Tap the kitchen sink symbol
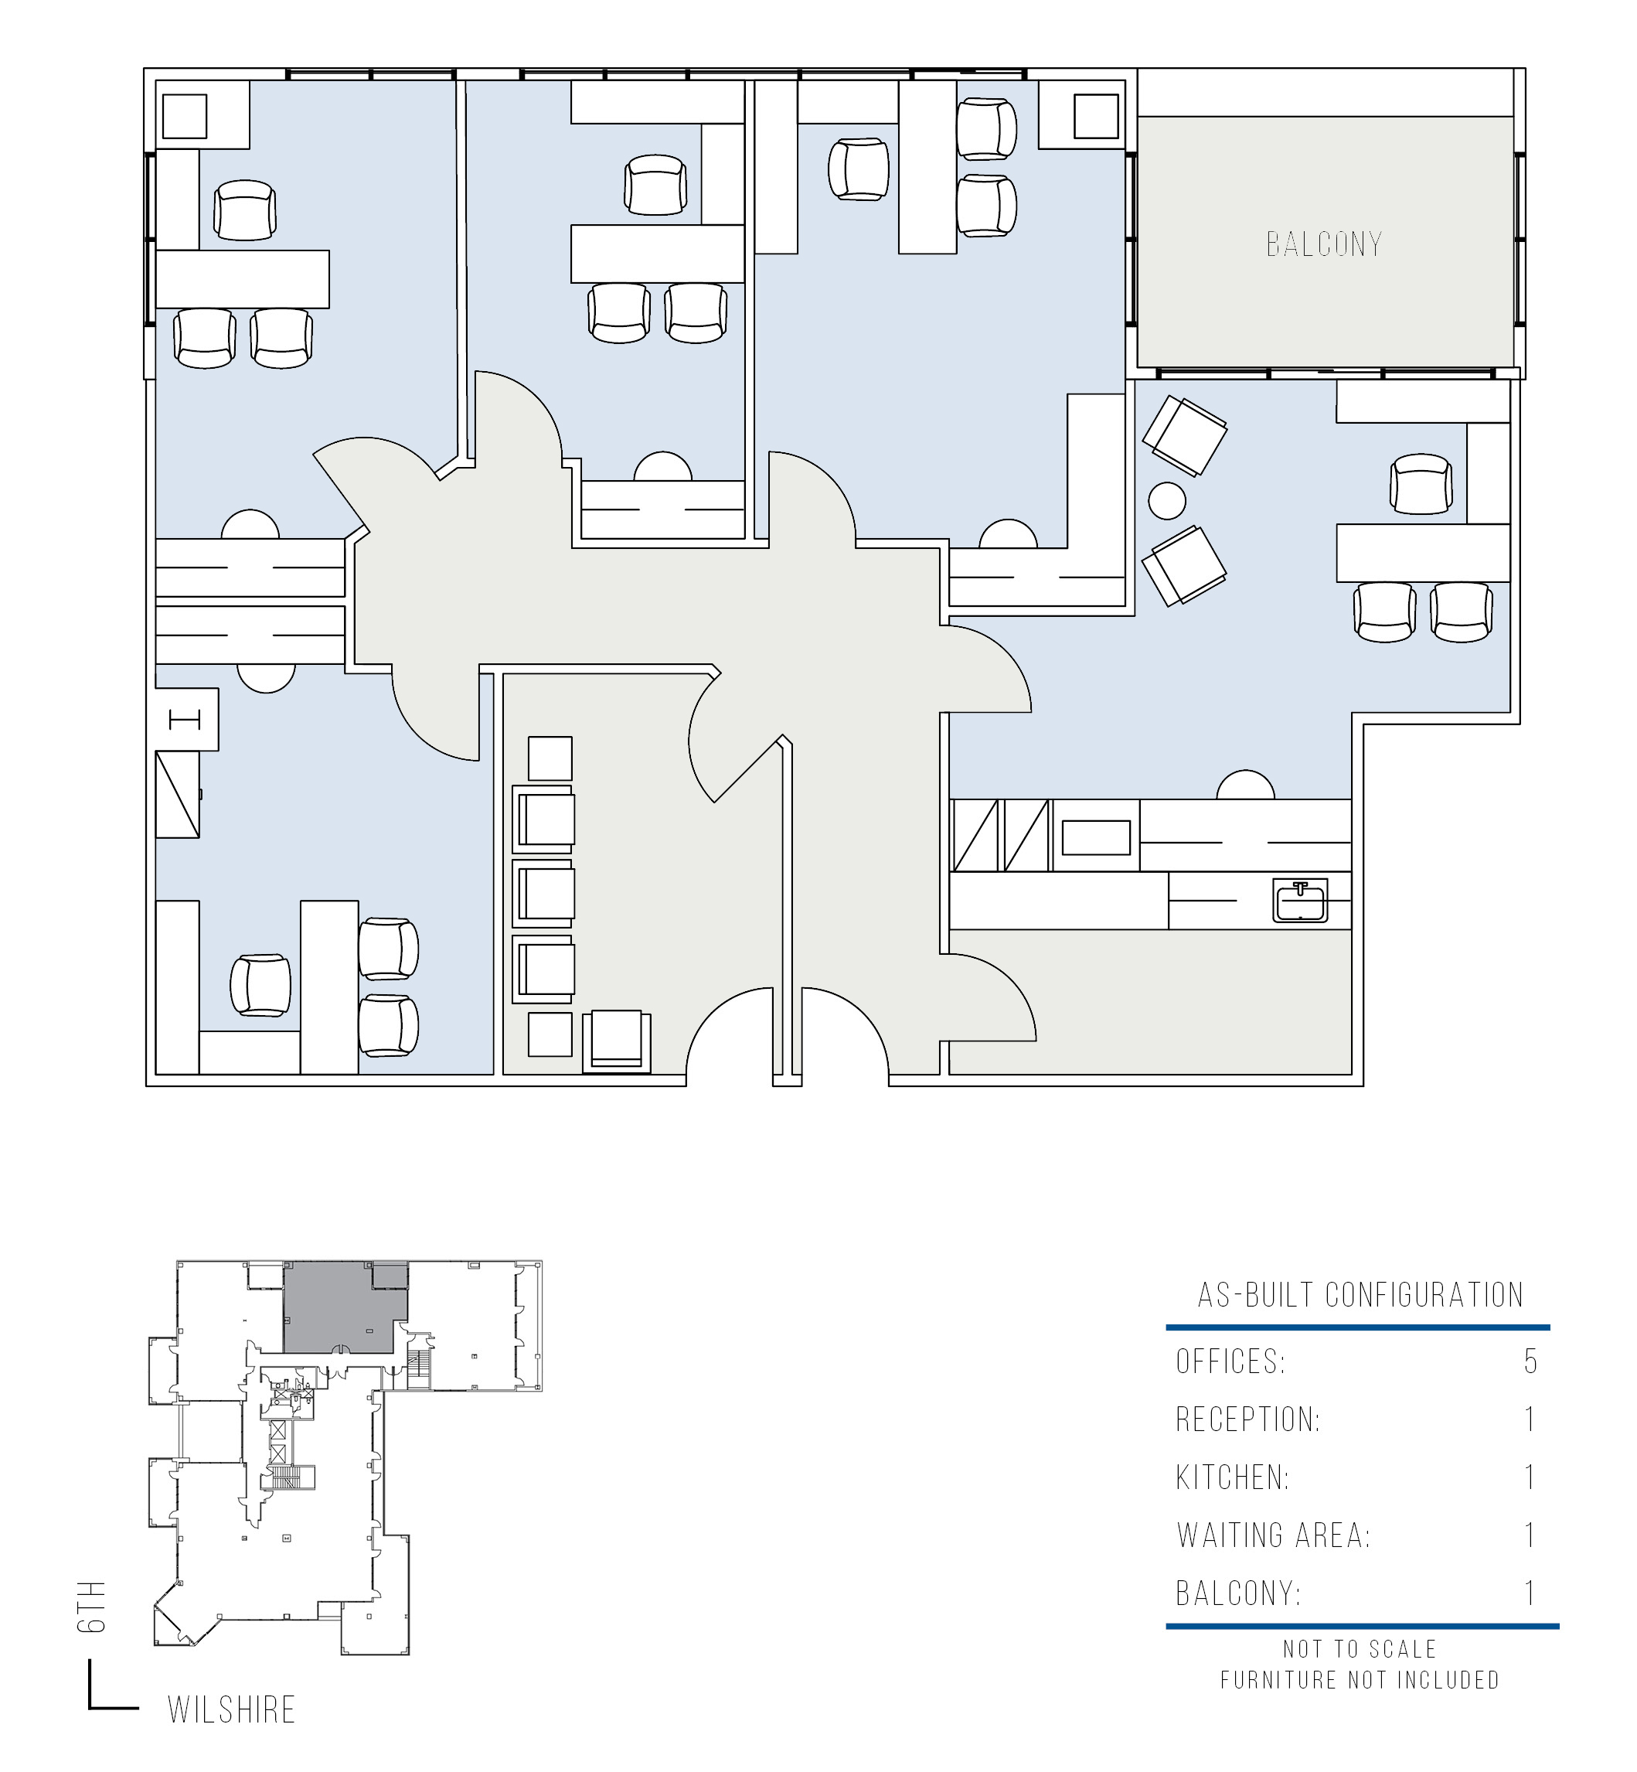(x=1299, y=900)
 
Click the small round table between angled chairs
(x=1166, y=500)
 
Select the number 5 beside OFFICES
(x=1530, y=1361)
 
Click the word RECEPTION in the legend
(x=1247, y=1419)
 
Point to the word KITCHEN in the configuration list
(x=1232, y=1477)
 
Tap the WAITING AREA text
(x=1273, y=1535)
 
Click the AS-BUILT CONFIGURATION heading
(x=1360, y=1294)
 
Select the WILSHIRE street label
(x=231, y=1709)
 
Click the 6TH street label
(x=91, y=1607)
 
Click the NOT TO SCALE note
(x=1360, y=1649)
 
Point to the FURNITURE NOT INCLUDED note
(x=1360, y=1680)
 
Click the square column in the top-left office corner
(x=185, y=116)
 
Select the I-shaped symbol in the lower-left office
(x=185, y=720)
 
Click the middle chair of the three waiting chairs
(x=544, y=893)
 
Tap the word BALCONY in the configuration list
(x=1238, y=1593)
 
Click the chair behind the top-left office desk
(x=244, y=210)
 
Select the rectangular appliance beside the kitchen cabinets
(x=1096, y=837)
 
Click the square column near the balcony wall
(x=1096, y=116)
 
